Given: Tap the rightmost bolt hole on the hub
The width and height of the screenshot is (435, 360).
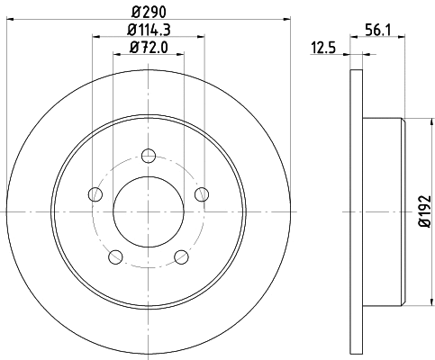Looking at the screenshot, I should coord(202,193).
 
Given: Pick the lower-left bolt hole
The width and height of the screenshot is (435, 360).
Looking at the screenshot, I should coord(115,256).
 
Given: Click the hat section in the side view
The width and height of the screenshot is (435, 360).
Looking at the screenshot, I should coord(383,211).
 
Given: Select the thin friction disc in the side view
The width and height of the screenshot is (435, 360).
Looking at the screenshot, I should coord(353,211).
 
